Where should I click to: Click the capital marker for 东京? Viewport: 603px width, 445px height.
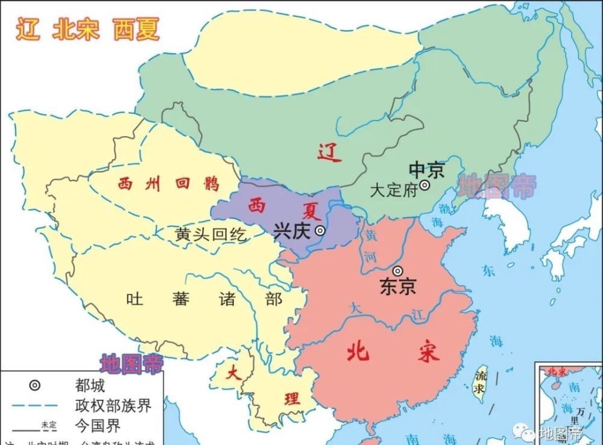coord(397,271)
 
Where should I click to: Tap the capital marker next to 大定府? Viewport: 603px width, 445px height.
coord(425,186)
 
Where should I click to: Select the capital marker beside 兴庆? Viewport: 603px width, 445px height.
coord(321,230)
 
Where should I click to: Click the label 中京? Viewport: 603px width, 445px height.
coord(426,170)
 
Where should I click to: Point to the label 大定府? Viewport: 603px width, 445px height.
coord(394,191)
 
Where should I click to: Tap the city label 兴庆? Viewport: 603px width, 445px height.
coord(292,231)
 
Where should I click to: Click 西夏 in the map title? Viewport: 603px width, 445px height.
coord(136,29)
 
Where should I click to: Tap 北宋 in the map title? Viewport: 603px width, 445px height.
coord(75,29)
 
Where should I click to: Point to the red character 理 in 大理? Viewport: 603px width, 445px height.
coord(292,399)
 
